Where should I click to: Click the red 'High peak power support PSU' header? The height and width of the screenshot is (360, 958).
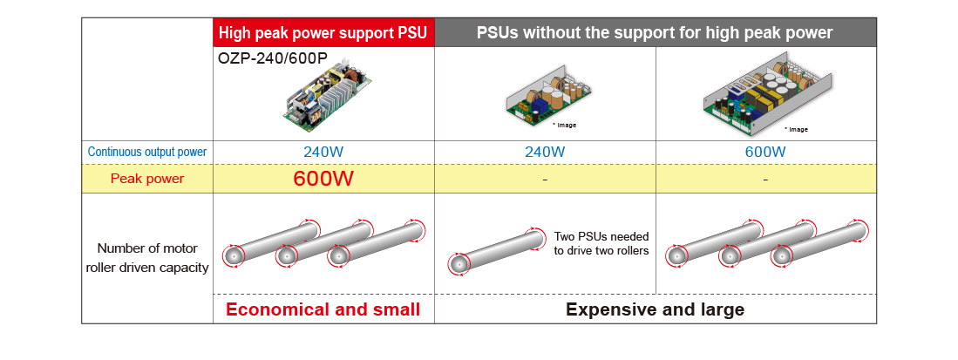(x=323, y=33)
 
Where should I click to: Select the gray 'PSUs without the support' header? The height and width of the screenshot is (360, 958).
(x=655, y=33)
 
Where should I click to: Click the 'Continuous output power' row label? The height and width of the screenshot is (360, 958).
(x=147, y=152)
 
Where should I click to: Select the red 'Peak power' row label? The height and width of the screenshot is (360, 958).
(x=147, y=179)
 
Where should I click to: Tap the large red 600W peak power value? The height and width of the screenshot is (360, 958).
(x=323, y=179)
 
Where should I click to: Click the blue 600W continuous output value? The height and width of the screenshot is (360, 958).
(x=765, y=152)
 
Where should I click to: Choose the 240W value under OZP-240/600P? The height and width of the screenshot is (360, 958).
(x=323, y=152)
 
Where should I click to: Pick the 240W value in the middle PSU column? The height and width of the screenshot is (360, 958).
(x=545, y=152)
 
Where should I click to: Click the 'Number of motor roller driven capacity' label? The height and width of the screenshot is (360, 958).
(x=147, y=258)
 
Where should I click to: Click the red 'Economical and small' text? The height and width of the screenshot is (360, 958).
(x=323, y=309)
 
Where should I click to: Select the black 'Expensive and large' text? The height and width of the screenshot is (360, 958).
(x=655, y=309)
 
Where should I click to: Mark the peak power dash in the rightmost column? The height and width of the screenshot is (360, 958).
(x=765, y=180)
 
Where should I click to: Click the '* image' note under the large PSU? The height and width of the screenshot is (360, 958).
(x=796, y=129)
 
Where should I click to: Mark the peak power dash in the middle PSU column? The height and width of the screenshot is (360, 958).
(x=545, y=180)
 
